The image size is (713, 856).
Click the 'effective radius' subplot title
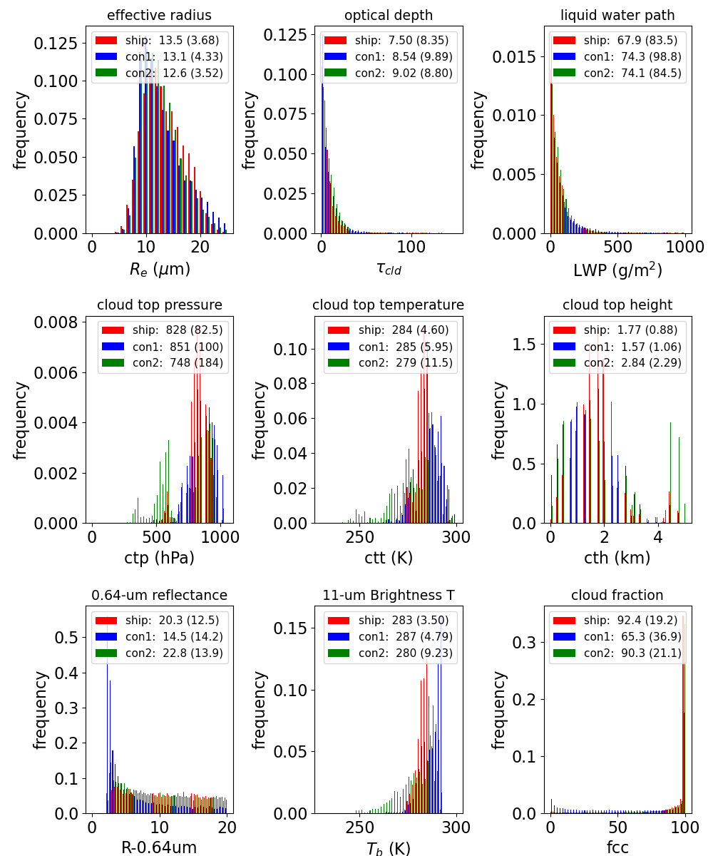(159, 15)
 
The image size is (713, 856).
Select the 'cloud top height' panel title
(617, 305)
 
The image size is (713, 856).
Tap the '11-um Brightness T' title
(389, 595)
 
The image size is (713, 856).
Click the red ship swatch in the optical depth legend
(335, 40)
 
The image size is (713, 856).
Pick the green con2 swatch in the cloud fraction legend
(564, 653)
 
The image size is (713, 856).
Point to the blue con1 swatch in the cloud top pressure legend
(113, 347)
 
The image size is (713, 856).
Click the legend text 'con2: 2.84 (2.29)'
(632, 363)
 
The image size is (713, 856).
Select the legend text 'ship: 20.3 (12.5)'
(172, 621)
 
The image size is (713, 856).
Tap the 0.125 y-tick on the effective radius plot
(56, 44)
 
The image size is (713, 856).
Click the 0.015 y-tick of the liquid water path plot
(514, 57)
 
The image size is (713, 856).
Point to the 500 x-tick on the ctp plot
(156, 537)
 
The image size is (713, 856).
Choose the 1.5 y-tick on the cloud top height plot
(524, 345)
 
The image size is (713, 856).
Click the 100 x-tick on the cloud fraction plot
(684, 827)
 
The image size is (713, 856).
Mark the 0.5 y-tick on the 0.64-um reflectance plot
(66, 638)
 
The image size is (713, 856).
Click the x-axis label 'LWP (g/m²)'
(617, 270)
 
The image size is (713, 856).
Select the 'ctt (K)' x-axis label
(389, 558)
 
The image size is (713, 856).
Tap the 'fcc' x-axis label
(617, 847)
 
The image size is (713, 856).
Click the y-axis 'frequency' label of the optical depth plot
(249, 131)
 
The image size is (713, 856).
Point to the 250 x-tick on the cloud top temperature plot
(359, 537)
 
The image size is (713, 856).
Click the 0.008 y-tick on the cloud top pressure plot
(56, 322)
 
